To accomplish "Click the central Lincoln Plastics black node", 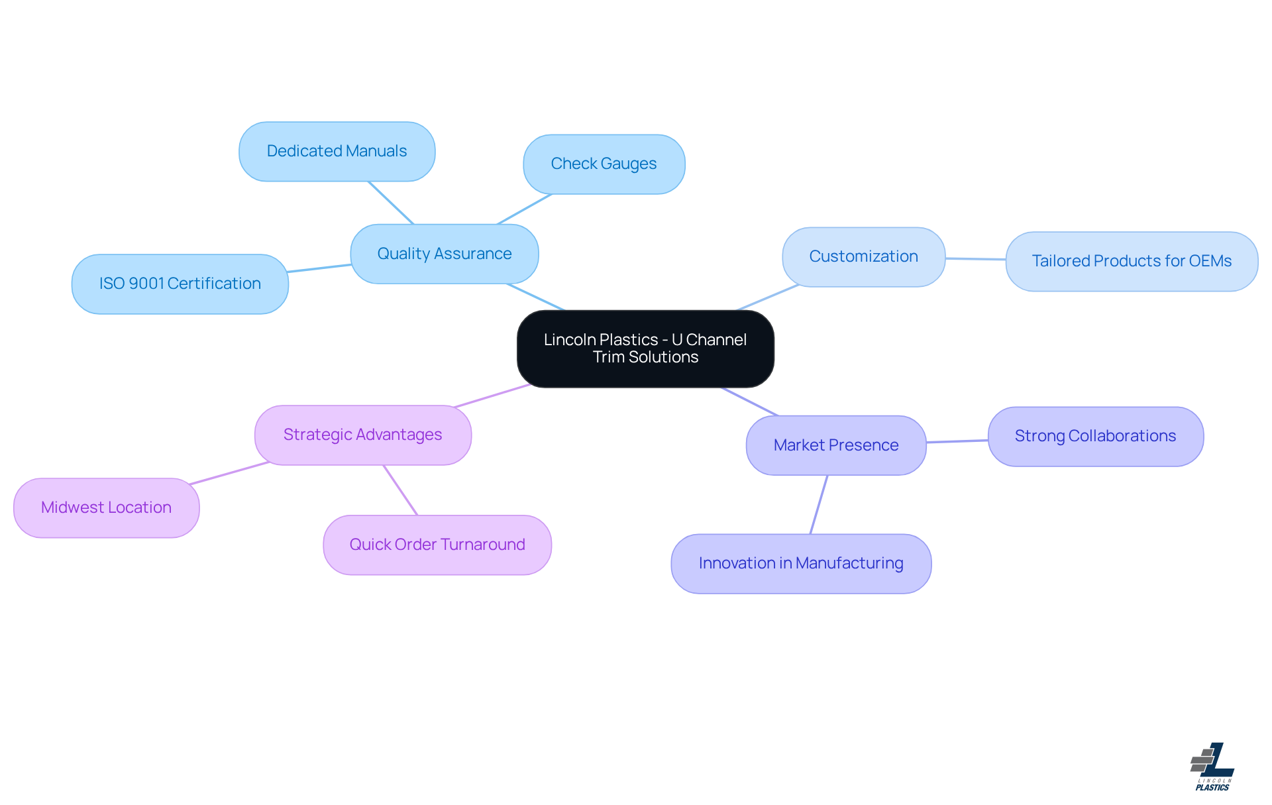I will (645, 349).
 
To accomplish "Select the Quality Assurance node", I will (444, 254).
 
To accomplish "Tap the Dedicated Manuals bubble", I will (337, 151).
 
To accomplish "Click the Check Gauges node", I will (604, 164).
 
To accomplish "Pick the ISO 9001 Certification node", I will (180, 284).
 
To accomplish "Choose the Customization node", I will (863, 256).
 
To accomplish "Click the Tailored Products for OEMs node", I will (1131, 261).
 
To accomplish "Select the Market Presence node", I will (835, 445).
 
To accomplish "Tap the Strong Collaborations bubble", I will (1095, 436).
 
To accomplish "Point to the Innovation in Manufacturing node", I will (800, 563).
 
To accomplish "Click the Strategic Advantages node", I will (362, 435).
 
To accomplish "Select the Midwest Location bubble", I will (106, 508).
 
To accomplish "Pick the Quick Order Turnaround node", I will (437, 545).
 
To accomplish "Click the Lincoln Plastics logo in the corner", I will (1212, 767).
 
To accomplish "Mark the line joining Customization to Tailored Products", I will (975, 259).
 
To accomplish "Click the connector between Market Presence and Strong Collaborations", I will (957, 441).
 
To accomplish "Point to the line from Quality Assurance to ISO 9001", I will (319, 268).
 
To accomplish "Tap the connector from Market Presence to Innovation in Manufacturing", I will (819, 504).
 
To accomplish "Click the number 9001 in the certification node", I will (146, 284).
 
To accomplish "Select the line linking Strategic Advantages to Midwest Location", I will (229, 473).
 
